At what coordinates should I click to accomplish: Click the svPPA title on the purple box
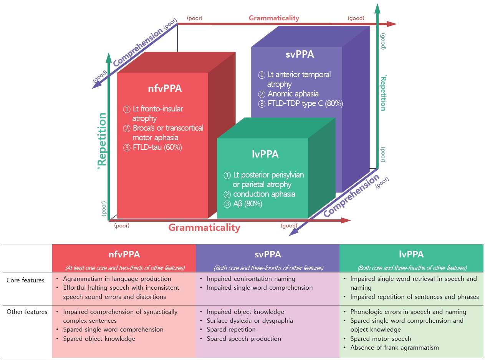(x=300, y=55)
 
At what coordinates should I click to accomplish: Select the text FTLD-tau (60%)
(x=152, y=148)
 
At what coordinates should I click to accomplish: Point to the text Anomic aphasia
(x=293, y=94)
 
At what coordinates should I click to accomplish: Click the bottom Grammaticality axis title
(x=204, y=227)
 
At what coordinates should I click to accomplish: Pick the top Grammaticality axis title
(x=274, y=18)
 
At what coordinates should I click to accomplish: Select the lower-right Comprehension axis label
(x=351, y=195)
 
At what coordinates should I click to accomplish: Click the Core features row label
(x=25, y=280)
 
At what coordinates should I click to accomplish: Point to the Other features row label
(x=26, y=312)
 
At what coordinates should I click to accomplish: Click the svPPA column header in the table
(x=267, y=254)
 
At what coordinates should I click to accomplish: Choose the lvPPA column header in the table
(x=411, y=254)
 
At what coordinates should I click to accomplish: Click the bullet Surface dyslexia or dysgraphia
(x=250, y=320)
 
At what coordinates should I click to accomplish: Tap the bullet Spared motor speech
(x=381, y=338)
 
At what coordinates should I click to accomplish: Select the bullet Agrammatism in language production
(x=117, y=279)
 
